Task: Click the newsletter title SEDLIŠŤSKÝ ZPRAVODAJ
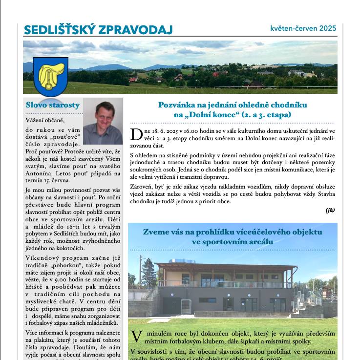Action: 98,30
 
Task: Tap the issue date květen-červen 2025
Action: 303,28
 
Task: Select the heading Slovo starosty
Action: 52,105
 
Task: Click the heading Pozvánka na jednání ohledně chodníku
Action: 233,105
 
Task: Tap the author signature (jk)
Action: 330,210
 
